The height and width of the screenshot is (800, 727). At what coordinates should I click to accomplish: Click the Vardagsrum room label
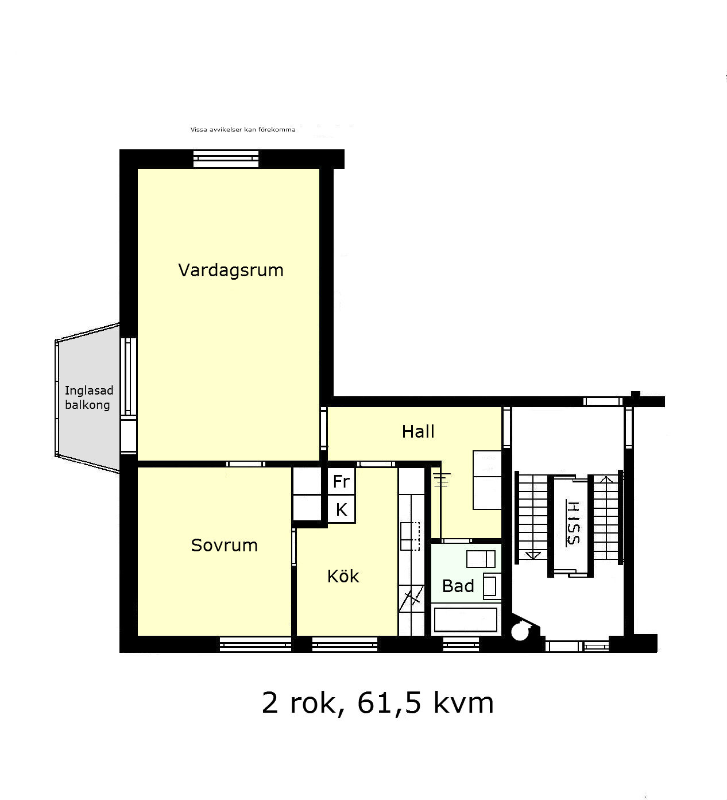click(x=231, y=270)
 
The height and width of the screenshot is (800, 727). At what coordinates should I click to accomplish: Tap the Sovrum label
click(x=224, y=545)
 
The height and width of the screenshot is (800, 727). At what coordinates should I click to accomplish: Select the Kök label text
click(x=343, y=576)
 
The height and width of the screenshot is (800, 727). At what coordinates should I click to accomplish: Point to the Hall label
click(x=418, y=431)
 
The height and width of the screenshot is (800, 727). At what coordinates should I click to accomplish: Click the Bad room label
click(x=458, y=586)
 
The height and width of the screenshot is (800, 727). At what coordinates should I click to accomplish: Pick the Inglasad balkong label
click(x=88, y=397)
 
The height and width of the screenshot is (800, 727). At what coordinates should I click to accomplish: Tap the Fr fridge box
click(x=341, y=481)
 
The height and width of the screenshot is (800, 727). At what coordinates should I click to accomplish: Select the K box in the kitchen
click(x=341, y=509)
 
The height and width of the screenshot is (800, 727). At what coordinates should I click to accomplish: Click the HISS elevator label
click(x=573, y=523)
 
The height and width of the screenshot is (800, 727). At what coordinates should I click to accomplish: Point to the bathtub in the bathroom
click(x=465, y=619)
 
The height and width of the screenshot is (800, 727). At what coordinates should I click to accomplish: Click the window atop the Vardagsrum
click(x=226, y=159)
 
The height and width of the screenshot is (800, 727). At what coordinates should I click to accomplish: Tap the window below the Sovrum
click(x=256, y=644)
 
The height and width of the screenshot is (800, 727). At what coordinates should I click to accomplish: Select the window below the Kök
click(x=345, y=644)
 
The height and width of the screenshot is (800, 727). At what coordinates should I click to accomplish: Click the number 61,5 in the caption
click(x=389, y=703)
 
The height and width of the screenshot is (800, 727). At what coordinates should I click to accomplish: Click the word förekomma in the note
click(x=277, y=130)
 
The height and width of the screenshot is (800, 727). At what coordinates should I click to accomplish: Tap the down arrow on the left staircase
click(x=533, y=555)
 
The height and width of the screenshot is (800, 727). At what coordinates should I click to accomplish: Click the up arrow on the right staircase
click(x=606, y=479)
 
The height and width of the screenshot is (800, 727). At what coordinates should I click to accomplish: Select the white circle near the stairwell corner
click(x=520, y=632)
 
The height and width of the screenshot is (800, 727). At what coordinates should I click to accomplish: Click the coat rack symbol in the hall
click(x=442, y=480)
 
